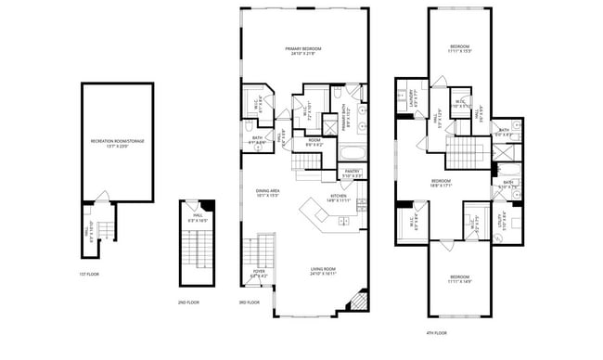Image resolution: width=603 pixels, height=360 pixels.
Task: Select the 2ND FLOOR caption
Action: (188, 302)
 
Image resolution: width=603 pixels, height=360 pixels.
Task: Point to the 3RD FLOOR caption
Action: (249, 302)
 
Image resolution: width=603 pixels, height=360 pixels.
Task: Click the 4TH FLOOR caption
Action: (435, 332)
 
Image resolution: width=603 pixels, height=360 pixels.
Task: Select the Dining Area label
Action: (267, 193)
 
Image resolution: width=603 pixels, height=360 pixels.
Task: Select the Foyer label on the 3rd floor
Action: (259, 274)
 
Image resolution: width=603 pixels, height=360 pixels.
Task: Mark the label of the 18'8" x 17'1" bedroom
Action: (441, 183)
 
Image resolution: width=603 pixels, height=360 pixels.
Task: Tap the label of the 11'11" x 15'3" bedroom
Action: (460, 49)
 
